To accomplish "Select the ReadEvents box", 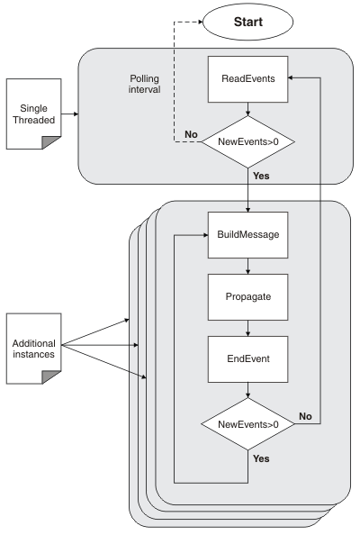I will click(x=247, y=79).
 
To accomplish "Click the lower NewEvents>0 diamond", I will click(x=247, y=422).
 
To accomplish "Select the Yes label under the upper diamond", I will click(x=261, y=177).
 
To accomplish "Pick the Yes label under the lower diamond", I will click(x=261, y=458).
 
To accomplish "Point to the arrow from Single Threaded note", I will click(x=70, y=115).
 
